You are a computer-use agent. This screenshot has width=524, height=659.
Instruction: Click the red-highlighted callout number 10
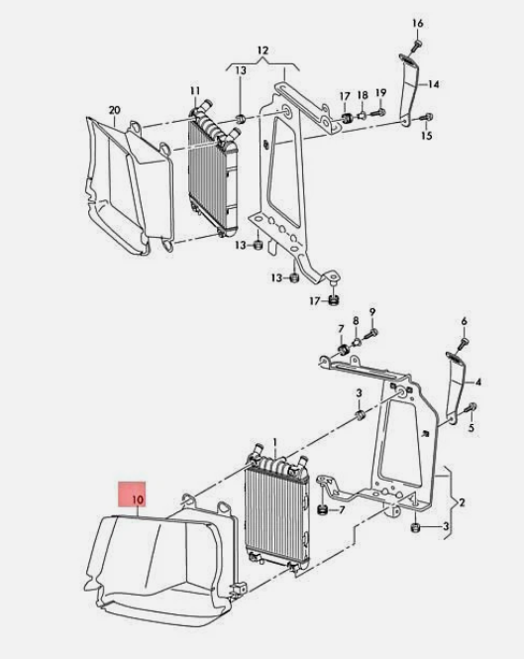pyautogui.click(x=138, y=499)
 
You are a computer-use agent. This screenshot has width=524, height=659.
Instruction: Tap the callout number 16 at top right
pyautogui.click(x=418, y=23)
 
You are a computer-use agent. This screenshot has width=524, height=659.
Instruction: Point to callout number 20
pyautogui.click(x=114, y=110)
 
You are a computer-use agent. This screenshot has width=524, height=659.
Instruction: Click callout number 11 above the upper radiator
pyautogui.click(x=195, y=91)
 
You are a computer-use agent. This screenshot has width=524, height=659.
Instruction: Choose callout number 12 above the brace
pyautogui.click(x=262, y=51)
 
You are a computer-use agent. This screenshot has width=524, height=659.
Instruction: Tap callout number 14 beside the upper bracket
pyautogui.click(x=434, y=84)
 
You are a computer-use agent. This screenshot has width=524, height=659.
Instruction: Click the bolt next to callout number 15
pyautogui.click(x=427, y=118)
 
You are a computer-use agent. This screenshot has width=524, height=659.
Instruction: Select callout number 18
pyautogui.click(x=363, y=95)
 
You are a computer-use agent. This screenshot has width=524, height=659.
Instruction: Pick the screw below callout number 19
pyautogui.click(x=379, y=112)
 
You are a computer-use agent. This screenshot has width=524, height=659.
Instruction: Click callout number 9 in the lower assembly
pyautogui.click(x=372, y=311)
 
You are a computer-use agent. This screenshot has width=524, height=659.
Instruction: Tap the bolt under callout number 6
pyautogui.click(x=464, y=342)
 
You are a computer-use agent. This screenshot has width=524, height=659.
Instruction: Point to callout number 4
pyautogui.click(x=478, y=383)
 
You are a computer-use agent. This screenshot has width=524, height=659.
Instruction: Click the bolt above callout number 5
pyautogui.click(x=472, y=407)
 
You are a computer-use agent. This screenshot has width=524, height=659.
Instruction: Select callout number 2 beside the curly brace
pyautogui.click(x=462, y=502)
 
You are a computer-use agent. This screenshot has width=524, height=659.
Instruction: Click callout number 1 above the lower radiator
pyautogui.click(x=275, y=443)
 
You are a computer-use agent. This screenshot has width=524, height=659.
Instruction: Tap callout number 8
pyautogui.click(x=356, y=321)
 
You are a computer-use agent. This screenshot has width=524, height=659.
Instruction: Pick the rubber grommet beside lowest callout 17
pyautogui.click(x=334, y=300)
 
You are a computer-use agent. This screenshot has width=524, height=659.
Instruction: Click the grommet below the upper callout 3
pyautogui.click(x=361, y=415)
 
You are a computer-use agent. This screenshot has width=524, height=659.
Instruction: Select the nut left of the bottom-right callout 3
pyautogui.click(x=414, y=527)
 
